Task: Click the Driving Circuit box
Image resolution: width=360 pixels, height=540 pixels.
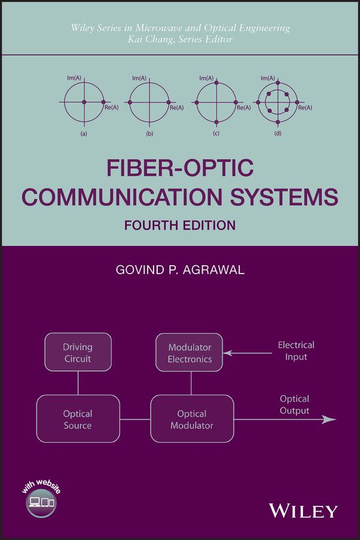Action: click(x=78, y=352)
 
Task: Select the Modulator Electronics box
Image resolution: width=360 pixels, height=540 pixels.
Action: click(x=189, y=352)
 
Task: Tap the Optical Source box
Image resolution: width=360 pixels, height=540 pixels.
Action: click(x=78, y=419)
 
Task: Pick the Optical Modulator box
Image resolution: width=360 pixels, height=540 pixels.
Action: click(x=192, y=419)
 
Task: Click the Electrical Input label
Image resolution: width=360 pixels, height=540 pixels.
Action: click(x=296, y=351)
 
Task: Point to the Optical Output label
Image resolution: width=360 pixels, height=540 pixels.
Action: click(x=295, y=404)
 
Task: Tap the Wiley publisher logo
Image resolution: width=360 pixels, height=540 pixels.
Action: click(x=303, y=511)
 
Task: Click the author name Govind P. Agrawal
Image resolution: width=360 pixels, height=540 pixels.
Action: click(x=180, y=269)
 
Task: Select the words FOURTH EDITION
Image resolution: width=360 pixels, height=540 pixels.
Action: click(x=180, y=225)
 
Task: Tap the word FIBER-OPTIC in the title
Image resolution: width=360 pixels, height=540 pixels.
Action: click(x=180, y=168)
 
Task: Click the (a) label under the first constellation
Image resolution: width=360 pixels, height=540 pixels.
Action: click(x=84, y=134)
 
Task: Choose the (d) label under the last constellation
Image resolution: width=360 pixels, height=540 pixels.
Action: click(x=278, y=134)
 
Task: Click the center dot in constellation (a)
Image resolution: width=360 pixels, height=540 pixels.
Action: click(x=84, y=102)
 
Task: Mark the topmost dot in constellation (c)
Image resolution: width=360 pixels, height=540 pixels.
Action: click(x=217, y=83)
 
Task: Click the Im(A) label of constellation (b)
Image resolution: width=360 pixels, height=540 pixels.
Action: click(x=139, y=78)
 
